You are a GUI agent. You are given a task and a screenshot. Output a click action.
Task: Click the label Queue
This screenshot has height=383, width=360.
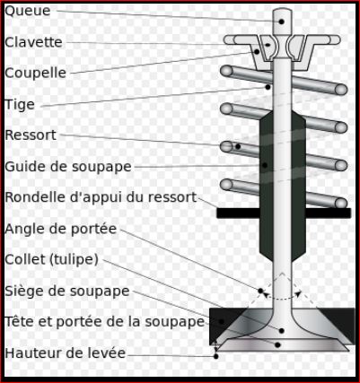pos(28,12)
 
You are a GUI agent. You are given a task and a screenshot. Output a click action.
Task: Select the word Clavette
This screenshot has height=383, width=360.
pos(33,42)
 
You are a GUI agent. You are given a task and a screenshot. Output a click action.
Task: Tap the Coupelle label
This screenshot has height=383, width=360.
pos(35,74)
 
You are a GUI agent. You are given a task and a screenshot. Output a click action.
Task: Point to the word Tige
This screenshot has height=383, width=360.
pos(20,105)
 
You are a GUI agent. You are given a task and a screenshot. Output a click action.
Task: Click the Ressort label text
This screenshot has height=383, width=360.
pos(31,135)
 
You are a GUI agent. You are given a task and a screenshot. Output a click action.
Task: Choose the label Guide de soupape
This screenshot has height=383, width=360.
pos(68,167)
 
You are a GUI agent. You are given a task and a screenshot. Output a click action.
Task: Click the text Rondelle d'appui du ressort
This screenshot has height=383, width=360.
pos(101,197)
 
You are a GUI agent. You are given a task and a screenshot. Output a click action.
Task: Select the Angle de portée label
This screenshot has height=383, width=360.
pos(61,229)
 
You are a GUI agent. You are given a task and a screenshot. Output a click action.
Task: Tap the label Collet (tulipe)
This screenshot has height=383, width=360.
pos(51,259)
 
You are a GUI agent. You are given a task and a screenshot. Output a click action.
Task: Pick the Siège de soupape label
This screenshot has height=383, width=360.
pos(67,292)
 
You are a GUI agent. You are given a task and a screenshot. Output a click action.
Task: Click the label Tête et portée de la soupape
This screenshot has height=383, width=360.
pos(105,322)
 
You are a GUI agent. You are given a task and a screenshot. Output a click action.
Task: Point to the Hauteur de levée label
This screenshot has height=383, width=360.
pos(66,353)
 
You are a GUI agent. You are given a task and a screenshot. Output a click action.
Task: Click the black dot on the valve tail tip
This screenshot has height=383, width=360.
pos(281,22)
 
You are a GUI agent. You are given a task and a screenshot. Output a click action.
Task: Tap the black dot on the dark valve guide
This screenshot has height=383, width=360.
pos(265,165)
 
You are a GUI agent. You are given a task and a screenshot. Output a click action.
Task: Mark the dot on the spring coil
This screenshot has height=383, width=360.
pos(238,146)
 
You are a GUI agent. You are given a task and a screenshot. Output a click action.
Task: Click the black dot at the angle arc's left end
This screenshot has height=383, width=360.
pos(260,291)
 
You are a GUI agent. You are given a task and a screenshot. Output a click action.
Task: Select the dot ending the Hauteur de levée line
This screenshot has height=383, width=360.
pos(215,356)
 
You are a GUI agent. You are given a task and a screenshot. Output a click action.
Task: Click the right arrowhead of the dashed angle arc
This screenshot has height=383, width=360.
pos(298,293)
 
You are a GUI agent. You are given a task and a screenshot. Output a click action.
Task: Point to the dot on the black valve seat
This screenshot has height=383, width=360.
pos(222,321)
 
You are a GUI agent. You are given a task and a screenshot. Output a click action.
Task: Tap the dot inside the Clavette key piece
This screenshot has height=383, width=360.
pos(268,45)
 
